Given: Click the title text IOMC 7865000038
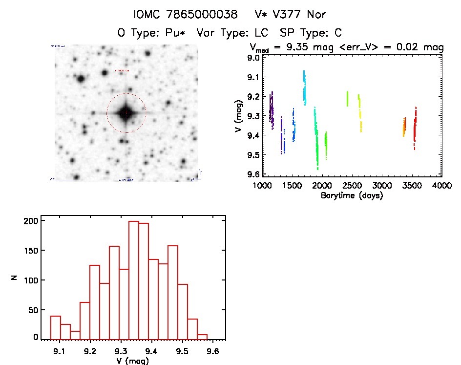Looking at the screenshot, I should pyautogui.click(x=185, y=14).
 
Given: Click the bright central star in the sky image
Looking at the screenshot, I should pyautogui.click(x=126, y=113).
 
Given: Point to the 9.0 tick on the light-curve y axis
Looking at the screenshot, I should pyautogui.click(x=253, y=58).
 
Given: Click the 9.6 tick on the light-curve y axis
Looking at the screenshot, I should pyautogui.click(x=253, y=174).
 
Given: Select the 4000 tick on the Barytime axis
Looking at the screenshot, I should pyautogui.click(x=442, y=186).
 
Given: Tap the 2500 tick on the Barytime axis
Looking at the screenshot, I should pyautogui.click(x=352, y=186).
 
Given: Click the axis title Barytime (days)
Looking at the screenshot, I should pyautogui.click(x=352, y=195).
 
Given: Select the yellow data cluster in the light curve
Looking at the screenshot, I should pyautogui.click(x=360, y=113).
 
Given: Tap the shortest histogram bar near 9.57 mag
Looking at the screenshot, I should pyautogui.click(x=202, y=337).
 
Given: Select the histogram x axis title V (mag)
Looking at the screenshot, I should pyautogui.click(x=133, y=361).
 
